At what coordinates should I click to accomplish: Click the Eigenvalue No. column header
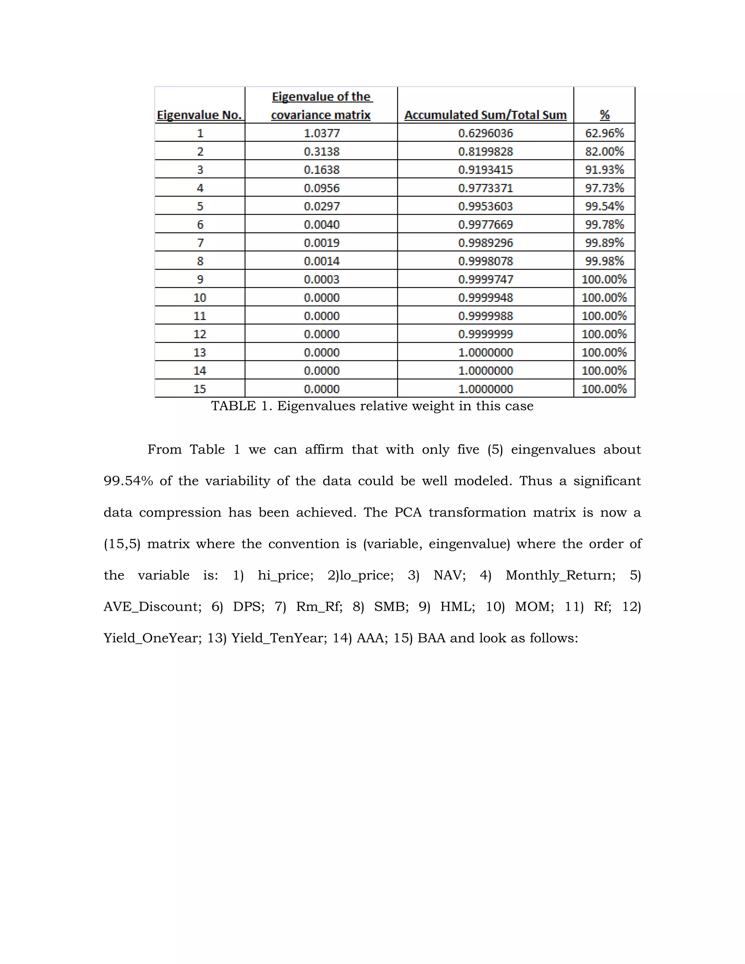click(x=199, y=115)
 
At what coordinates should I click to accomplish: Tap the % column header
click(x=604, y=115)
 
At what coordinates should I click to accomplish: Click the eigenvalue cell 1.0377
click(x=321, y=133)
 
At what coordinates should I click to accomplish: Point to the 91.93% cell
click(x=604, y=170)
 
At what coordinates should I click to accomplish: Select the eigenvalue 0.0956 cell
click(x=321, y=188)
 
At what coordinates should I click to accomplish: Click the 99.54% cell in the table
click(x=604, y=207)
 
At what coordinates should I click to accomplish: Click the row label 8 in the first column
click(x=200, y=261)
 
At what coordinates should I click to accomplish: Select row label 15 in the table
click(x=200, y=389)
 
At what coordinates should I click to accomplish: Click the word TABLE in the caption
click(x=233, y=406)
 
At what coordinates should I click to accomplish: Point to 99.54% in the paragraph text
click(x=128, y=481)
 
